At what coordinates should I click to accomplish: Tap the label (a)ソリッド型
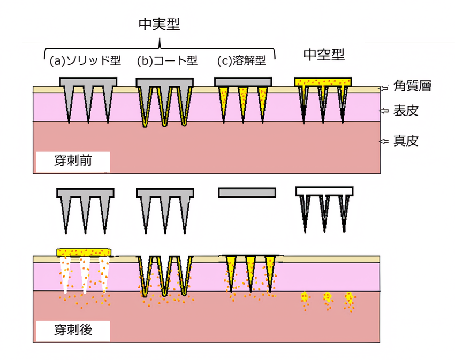(85, 60)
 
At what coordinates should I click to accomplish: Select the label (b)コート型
(167, 60)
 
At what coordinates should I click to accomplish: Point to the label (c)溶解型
(241, 60)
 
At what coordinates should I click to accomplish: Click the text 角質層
(412, 86)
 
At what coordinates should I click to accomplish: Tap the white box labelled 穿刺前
(73, 162)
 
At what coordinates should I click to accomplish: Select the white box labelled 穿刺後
(73, 330)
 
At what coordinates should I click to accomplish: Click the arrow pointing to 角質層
(384, 88)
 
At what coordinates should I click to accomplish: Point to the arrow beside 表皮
(384, 111)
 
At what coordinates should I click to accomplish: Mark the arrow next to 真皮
(384, 141)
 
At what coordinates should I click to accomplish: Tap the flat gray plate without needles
(247, 193)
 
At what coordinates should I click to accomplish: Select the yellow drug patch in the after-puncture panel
(84, 252)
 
